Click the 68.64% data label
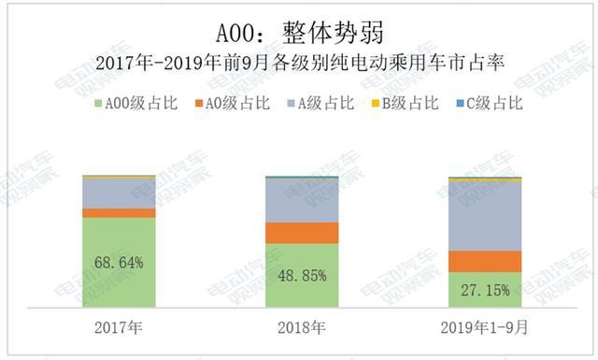(x=119, y=264)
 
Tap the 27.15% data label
(x=485, y=291)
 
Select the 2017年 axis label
(x=119, y=328)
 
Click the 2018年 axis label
(x=301, y=328)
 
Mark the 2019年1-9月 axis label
(x=485, y=328)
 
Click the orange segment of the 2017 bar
(x=119, y=213)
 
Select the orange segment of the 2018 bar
(x=301, y=233)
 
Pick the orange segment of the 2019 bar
(x=485, y=262)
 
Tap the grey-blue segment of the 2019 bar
(x=485, y=215)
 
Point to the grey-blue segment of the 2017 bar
(x=119, y=193)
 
